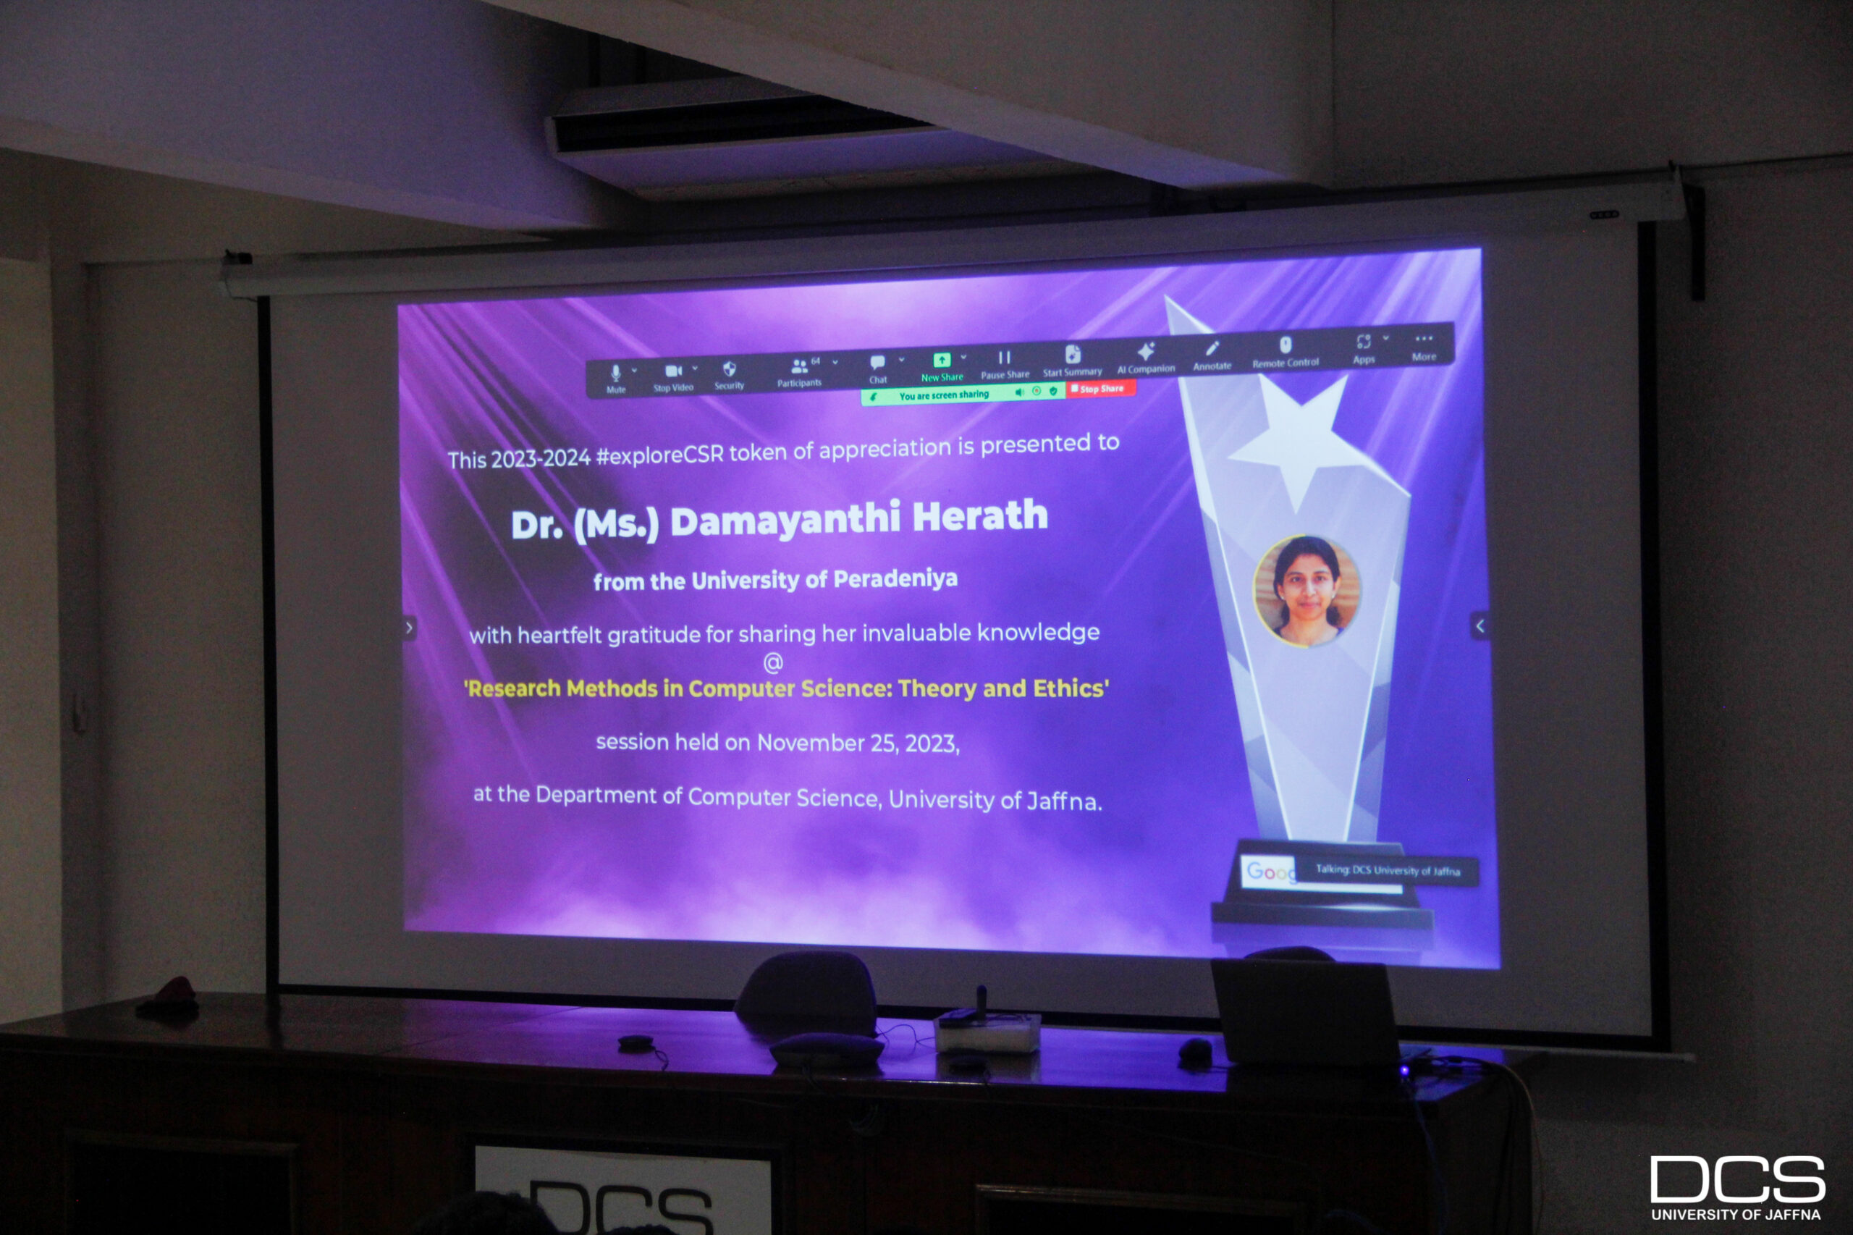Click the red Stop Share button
tap(1100, 388)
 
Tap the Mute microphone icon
tap(616, 372)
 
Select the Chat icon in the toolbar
tap(877, 362)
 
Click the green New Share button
tap(941, 360)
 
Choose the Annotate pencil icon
tap(1212, 348)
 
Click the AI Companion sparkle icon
tap(1146, 350)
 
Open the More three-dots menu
tap(1423, 339)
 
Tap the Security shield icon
tap(729, 368)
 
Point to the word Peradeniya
tap(895, 579)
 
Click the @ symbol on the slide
tap(773, 662)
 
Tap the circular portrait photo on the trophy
tap(1307, 591)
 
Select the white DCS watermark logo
tap(1737, 1187)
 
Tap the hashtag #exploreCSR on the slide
tap(659, 455)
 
